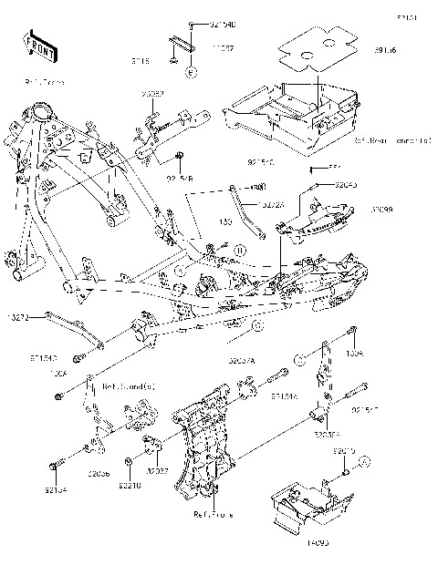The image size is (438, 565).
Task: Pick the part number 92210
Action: click(x=130, y=488)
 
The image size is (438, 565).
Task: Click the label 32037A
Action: click(x=241, y=361)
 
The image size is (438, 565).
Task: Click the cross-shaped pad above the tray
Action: click(x=316, y=46)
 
